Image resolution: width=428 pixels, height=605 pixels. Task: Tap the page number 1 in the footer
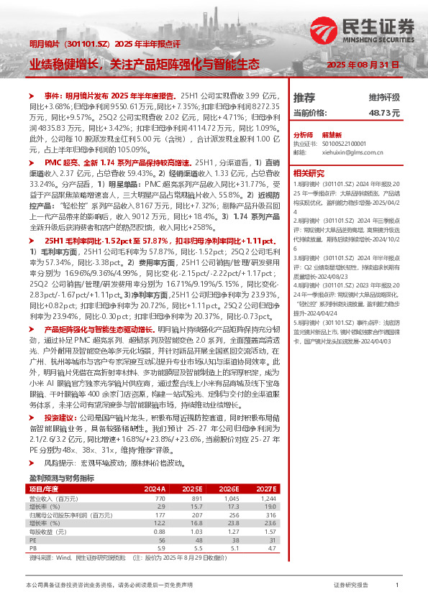click(397, 586)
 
